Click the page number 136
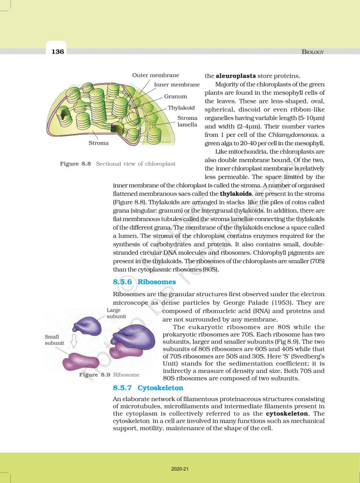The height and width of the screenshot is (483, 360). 57,51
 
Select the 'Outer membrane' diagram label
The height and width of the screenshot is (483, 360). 155,75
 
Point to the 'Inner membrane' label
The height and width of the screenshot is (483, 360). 177,85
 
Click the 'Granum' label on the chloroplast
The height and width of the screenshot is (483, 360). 175,96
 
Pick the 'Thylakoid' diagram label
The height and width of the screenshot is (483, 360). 181,108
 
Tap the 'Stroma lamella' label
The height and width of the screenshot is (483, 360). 187,121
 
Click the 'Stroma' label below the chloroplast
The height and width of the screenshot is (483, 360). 98,142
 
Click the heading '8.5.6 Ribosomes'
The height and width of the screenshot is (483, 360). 144,282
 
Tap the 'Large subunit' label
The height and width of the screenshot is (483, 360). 115,313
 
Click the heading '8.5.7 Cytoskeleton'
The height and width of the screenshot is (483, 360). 148,388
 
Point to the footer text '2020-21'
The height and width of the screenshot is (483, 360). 180,469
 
